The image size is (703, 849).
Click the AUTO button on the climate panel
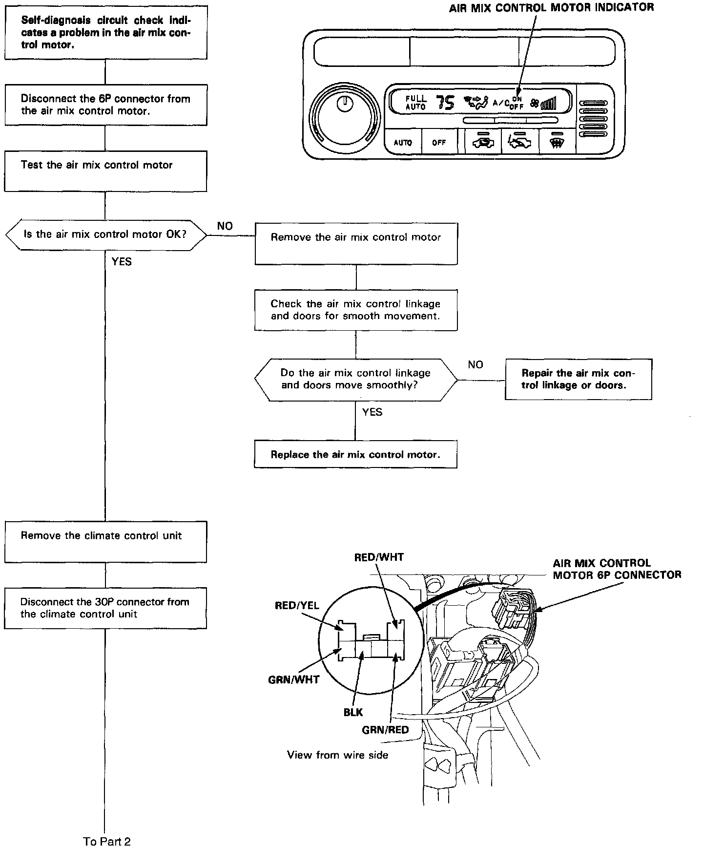pyautogui.click(x=403, y=143)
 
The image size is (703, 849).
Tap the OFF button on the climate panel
pyautogui.click(x=439, y=143)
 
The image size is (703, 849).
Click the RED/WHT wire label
pyautogui.click(x=379, y=557)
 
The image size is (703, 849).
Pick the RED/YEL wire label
pyautogui.click(x=297, y=606)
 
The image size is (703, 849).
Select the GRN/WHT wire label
pyautogui.click(x=293, y=679)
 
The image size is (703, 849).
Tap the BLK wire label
pyautogui.click(x=353, y=712)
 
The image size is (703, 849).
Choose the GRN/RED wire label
pyautogui.click(x=385, y=731)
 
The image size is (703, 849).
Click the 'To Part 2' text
pyautogui.click(x=107, y=841)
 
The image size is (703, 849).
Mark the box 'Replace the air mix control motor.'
pyautogui.click(x=355, y=454)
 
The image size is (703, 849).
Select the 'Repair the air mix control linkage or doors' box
pyautogui.click(x=578, y=379)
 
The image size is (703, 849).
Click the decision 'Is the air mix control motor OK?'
pyautogui.click(x=105, y=234)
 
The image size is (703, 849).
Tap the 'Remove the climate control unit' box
pyautogui.click(x=105, y=541)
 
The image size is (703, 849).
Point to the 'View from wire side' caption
pyautogui.click(x=337, y=755)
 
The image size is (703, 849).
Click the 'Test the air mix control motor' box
pyautogui.click(x=105, y=170)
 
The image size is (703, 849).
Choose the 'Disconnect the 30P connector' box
pyautogui.click(x=105, y=608)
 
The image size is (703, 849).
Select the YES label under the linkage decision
pyautogui.click(x=372, y=412)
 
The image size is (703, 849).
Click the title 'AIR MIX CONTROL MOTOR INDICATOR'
pyautogui.click(x=551, y=7)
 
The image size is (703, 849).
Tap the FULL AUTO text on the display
pyautogui.click(x=415, y=103)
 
